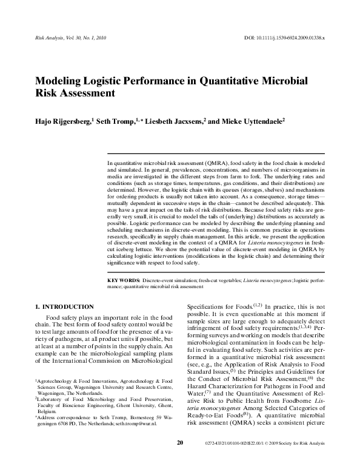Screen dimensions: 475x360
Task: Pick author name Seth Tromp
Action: tap(119, 121)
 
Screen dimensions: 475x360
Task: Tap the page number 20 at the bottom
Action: tap(179, 460)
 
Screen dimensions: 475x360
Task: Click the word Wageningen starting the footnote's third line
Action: tap(54, 392)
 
